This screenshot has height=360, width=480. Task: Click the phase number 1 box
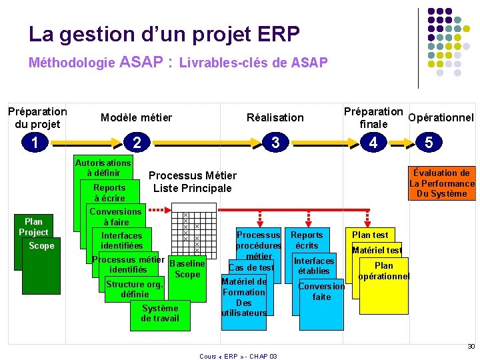(x=33, y=142)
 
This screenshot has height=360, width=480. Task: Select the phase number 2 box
(x=137, y=142)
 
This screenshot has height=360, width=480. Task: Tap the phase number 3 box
(x=275, y=142)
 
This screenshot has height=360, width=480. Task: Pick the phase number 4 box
(x=373, y=142)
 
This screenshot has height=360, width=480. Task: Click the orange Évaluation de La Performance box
(x=441, y=183)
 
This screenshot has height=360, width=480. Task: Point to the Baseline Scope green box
(x=187, y=269)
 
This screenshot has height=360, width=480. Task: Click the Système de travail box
(x=160, y=313)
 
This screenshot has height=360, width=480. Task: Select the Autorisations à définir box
(x=103, y=167)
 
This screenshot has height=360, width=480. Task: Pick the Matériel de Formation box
(x=244, y=297)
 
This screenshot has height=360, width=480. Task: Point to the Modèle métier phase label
(x=136, y=118)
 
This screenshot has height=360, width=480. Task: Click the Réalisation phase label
(x=275, y=118)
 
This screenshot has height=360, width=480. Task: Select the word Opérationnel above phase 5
(x=441, y=118)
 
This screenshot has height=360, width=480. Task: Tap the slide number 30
(x=471, y=347)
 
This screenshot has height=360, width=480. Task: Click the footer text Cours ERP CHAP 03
(x=238, y=356)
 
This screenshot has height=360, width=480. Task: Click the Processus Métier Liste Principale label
(x=192, y=182)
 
